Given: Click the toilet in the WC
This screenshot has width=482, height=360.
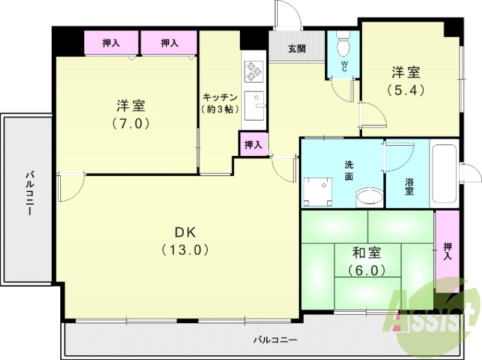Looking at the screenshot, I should coord(344,45).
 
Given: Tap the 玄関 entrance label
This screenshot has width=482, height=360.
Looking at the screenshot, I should coord(296,48).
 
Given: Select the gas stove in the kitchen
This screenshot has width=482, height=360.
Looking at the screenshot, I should coord(253,72).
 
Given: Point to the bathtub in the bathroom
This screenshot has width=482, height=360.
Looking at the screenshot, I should coord(445,175).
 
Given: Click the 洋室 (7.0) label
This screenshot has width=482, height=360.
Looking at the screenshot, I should coord(130,114).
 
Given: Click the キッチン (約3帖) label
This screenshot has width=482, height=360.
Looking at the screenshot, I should coord(221,104).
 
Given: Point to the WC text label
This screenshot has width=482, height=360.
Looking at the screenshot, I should coord(343,66).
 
